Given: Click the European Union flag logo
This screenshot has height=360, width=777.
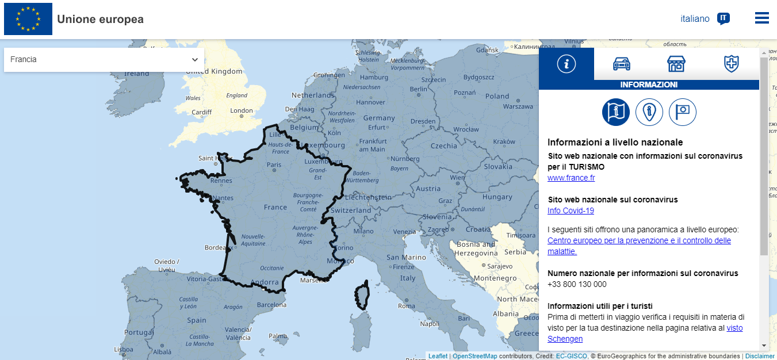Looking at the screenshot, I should click(x=28, y=19).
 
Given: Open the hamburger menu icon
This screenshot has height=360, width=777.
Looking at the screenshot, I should click(x=761, y=18).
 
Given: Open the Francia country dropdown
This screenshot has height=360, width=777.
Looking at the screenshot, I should click(x=104, y=60).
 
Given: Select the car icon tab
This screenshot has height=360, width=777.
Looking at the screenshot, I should click(x=622, y=64).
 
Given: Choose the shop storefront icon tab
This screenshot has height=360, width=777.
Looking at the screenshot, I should click(x=676, y=64).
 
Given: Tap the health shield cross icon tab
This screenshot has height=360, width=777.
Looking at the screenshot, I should click(x=731, y=64).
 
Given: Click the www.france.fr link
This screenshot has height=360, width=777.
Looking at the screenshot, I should click(x=571, y=178).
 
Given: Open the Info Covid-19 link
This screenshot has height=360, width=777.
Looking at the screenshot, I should click(x=571, y=210).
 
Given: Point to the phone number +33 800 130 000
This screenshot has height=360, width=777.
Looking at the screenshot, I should click(x=577, y=284).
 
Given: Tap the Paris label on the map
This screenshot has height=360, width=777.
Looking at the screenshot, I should click(x=274, y=164).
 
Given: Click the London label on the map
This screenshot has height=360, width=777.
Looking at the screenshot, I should click(x=241, y=110).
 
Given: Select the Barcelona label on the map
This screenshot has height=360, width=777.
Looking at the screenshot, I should click(x=271, y=305).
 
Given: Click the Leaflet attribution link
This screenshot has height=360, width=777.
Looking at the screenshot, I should click(x=438, y=356).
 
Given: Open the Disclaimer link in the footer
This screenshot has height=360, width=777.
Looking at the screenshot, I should click(x=760, y=356).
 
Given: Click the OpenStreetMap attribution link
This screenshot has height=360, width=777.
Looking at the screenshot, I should click(x=474, y=356).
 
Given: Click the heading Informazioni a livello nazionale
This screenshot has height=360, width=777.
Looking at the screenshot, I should click(x=615, y=142).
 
